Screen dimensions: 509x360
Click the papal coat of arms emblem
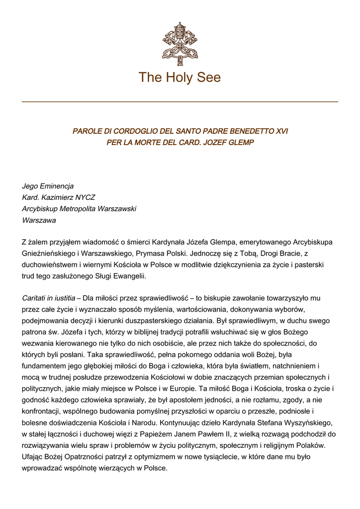(180, 44)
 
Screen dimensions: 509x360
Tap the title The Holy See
(180, 78)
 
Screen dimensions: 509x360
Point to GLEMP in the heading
(240, 143)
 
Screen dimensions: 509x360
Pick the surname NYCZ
(85, 197)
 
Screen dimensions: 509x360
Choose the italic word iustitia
(64, 299)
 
